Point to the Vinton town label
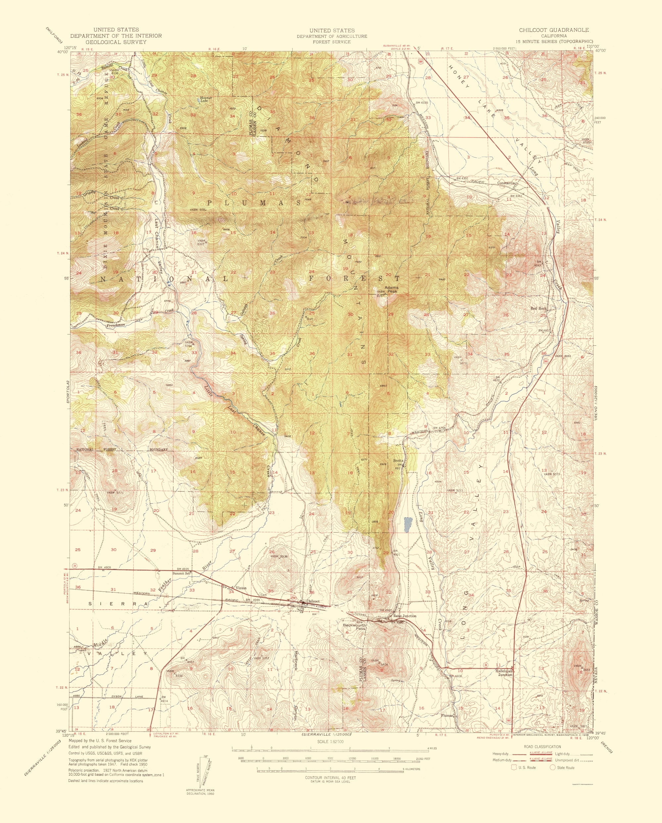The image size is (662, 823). [241, 598]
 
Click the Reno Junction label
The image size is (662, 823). [405, 626]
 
